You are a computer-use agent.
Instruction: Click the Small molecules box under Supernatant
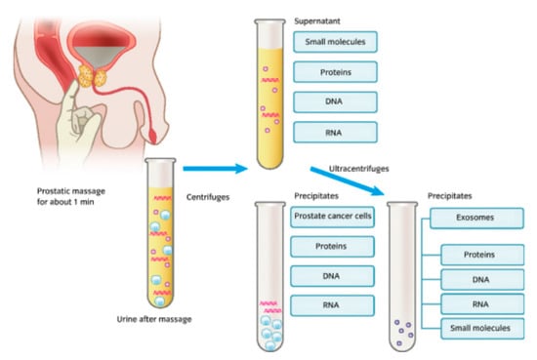[334, 42]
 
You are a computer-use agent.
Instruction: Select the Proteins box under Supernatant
[334, 73]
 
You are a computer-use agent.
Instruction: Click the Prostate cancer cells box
[332, 217]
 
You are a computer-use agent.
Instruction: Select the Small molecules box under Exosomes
[478, 328]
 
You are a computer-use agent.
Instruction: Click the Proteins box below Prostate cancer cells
[332, 248]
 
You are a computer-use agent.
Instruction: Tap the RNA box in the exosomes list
[478, 303]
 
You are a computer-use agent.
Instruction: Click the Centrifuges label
[208, 197]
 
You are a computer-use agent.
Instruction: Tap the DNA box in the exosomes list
[478, 279]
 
